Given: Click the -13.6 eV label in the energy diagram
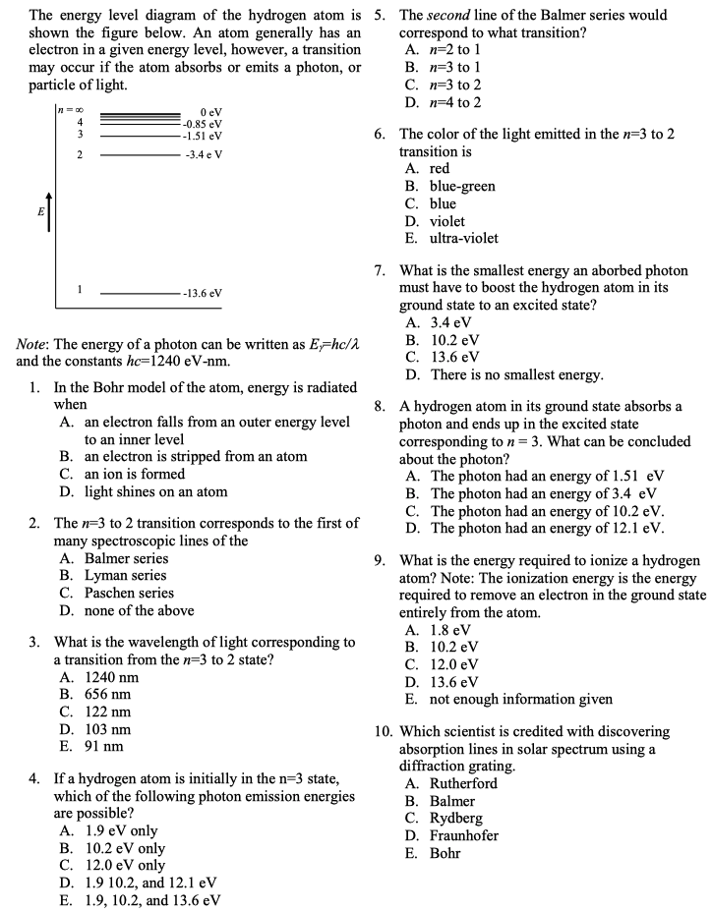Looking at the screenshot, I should [x=202, y=294].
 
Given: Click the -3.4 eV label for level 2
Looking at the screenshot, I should [x=203, y=155].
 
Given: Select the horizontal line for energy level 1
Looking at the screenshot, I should [x=138, y=293].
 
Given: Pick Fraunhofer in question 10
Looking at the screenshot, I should [x=464, y=835].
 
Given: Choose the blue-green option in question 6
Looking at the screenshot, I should [x=462, y=187].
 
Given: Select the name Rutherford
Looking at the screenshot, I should [x=463, y=783].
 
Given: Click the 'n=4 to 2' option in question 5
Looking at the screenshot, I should [x=455, y=102].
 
